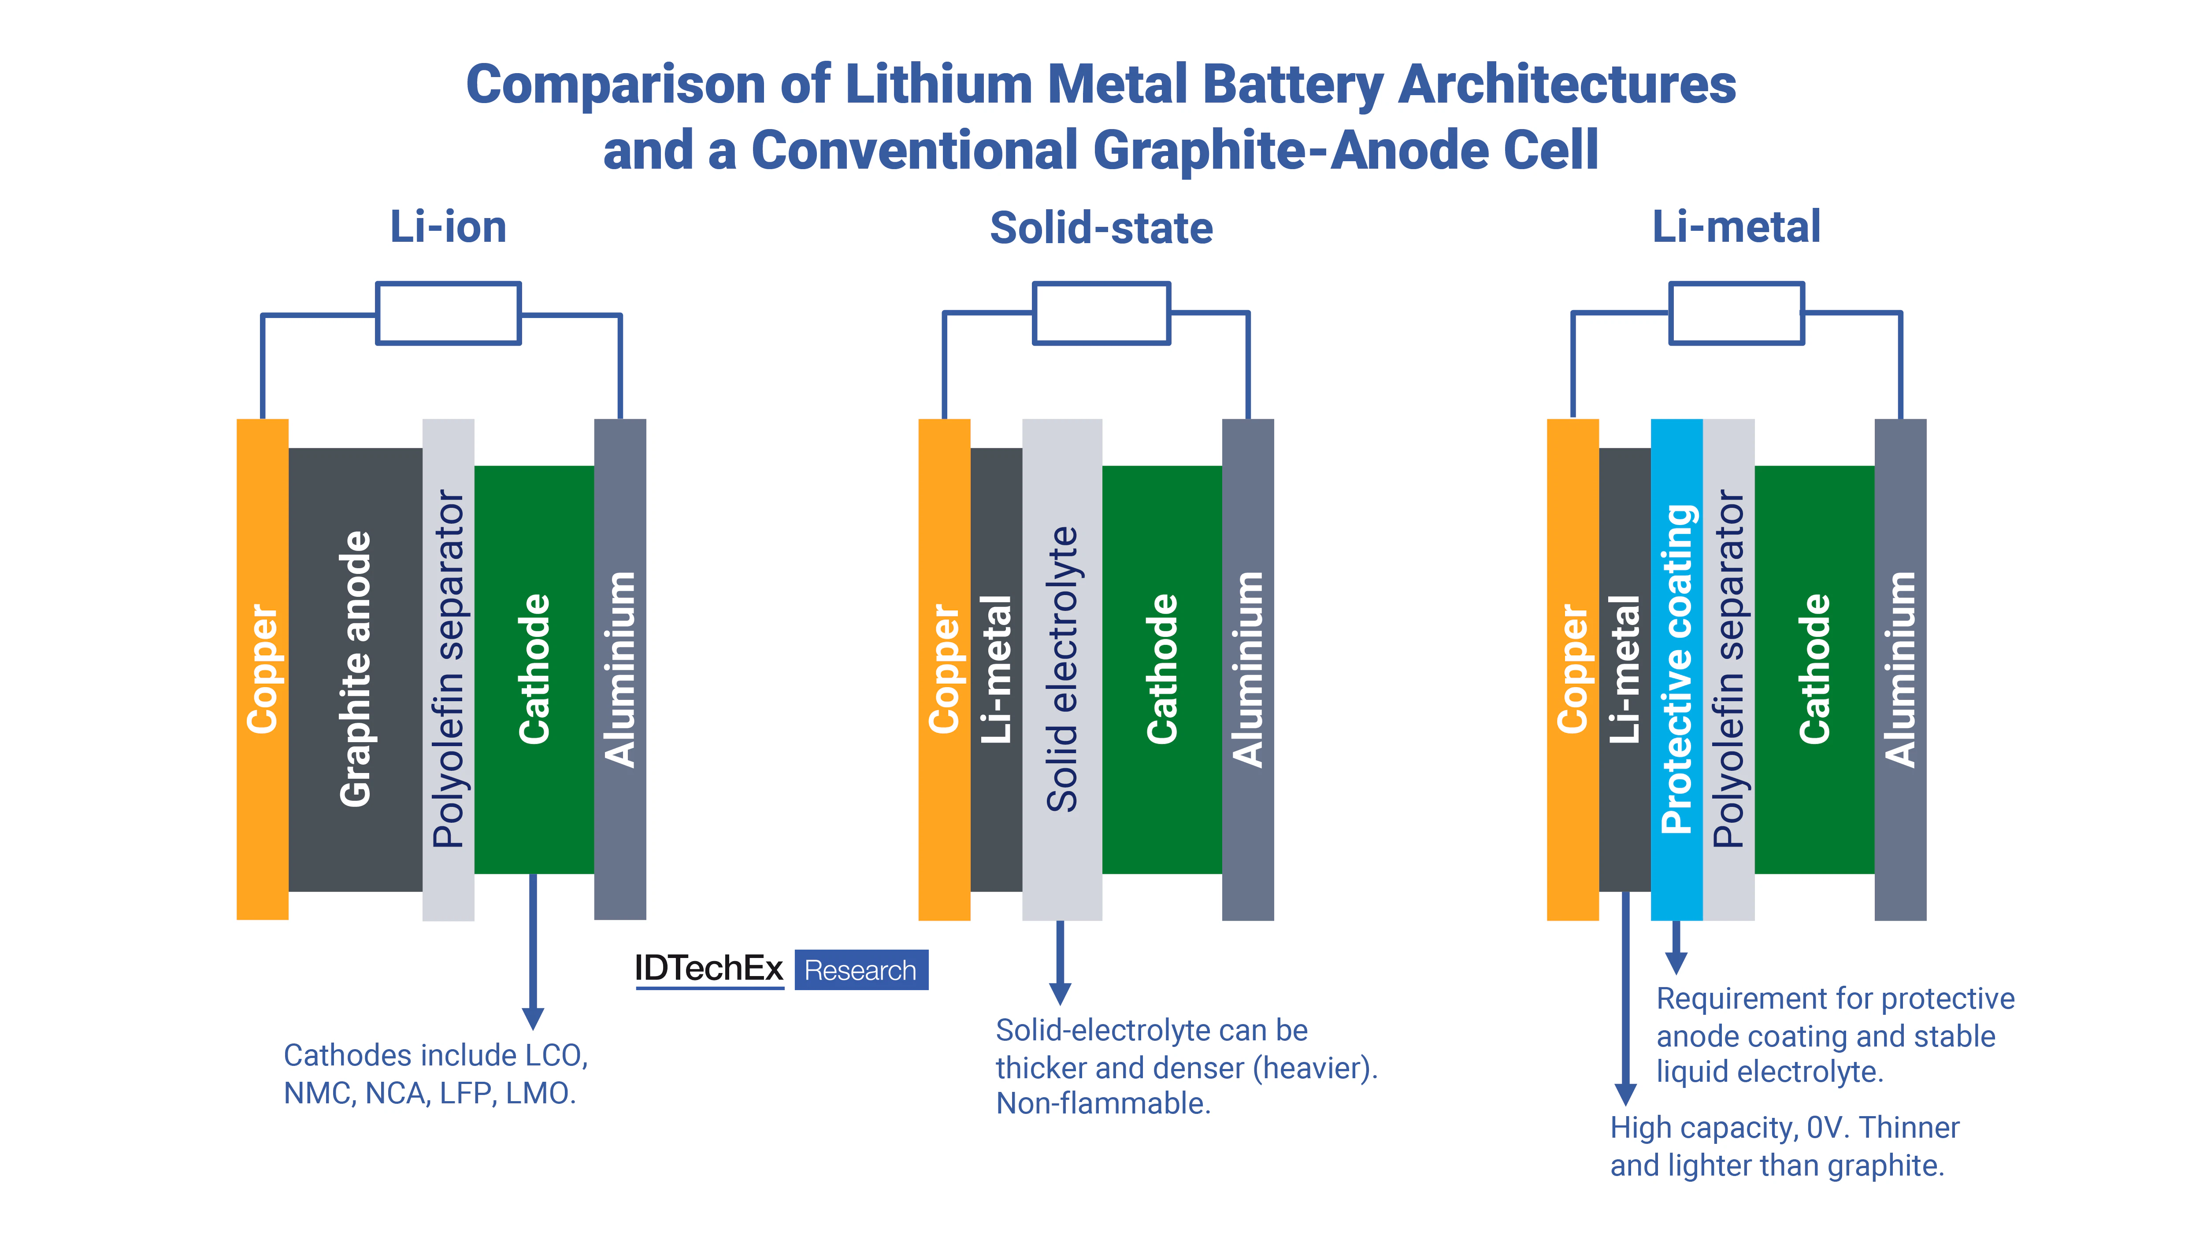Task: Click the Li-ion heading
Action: (448, 227)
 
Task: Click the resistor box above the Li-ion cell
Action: (448, 313)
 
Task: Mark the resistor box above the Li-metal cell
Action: (1736, 313)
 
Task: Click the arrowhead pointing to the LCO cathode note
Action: (533, 1017)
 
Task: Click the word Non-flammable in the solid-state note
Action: (1103, 1104)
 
